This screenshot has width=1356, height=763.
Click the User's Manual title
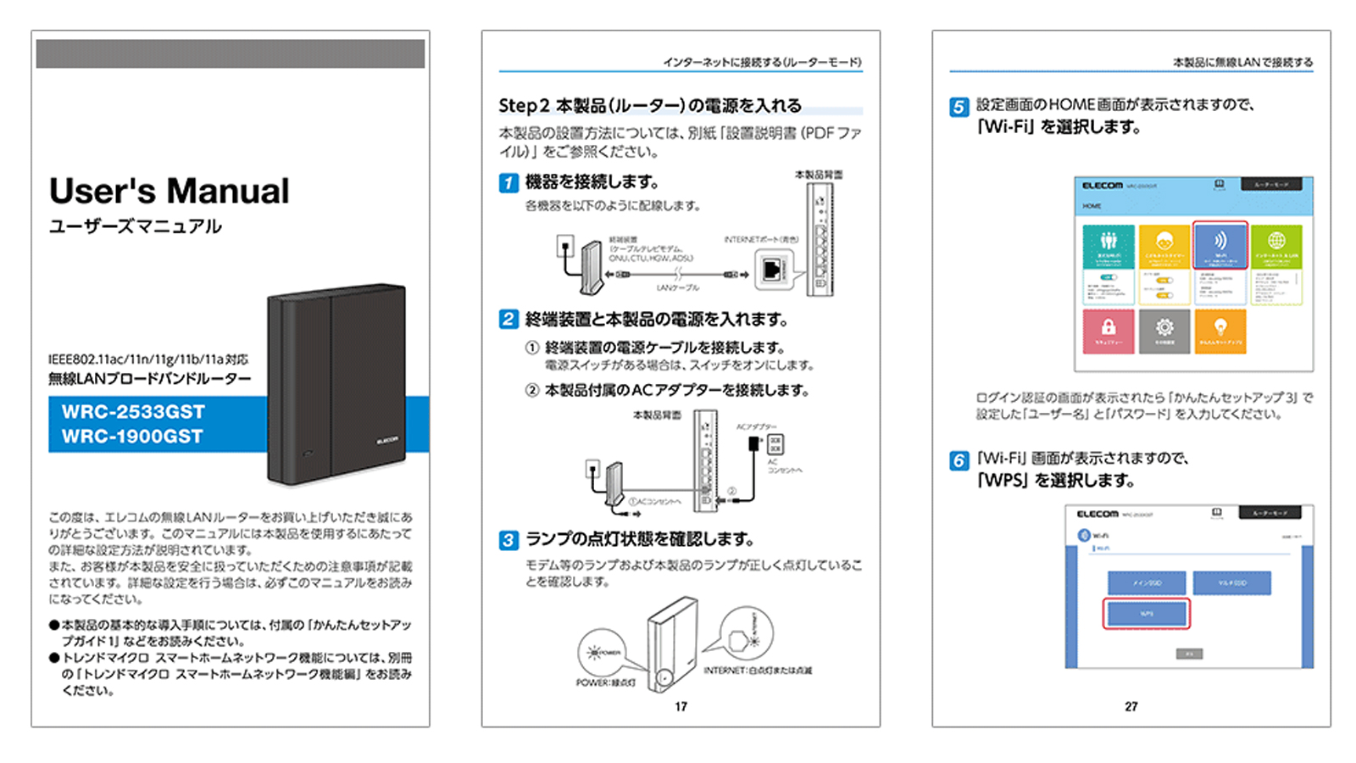point(169,191)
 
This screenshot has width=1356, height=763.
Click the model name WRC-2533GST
point(133,412)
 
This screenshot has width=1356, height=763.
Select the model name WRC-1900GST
point(132,437)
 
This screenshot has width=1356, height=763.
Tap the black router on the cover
point(336,384)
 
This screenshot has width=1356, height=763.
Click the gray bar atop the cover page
point(230,53)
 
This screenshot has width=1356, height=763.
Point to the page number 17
point(681,706)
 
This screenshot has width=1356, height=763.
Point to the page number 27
point(1131,706)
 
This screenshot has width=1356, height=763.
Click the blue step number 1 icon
point(508,182)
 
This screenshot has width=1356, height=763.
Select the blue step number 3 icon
point(508,540)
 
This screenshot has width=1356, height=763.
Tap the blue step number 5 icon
point(959,107)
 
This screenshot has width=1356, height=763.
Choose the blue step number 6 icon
point(959,460)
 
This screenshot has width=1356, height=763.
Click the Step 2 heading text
point(649,106)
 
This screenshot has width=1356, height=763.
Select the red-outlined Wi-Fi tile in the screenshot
point(1220,245)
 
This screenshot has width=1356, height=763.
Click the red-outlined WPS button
point(1146,613)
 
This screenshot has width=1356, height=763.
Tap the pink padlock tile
point(1108,331)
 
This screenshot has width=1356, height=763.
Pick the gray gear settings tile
point(1164,331)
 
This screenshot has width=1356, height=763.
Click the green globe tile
point(1276,245)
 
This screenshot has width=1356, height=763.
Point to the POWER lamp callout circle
point(602,653)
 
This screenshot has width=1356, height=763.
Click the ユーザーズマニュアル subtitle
point(135,226)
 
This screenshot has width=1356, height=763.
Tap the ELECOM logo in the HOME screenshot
point(1102,185)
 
